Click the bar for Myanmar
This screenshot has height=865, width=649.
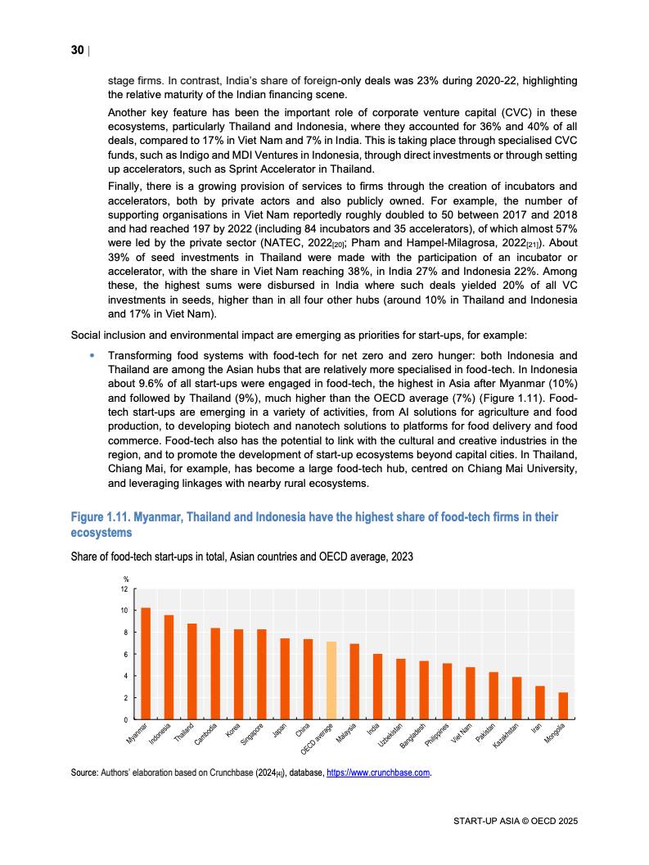(146, 664)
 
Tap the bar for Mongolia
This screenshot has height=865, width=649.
(563, 706)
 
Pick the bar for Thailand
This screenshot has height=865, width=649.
(192, 672)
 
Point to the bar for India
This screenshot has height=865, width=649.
(377, 687)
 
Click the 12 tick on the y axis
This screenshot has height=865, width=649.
(124, 589)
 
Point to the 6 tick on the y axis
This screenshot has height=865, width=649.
(124, 655)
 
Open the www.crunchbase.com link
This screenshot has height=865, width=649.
(378, 772)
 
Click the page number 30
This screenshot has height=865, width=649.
(77, 51)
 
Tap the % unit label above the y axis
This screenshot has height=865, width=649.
(126, 580)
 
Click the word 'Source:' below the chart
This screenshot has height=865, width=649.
(84, 772)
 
